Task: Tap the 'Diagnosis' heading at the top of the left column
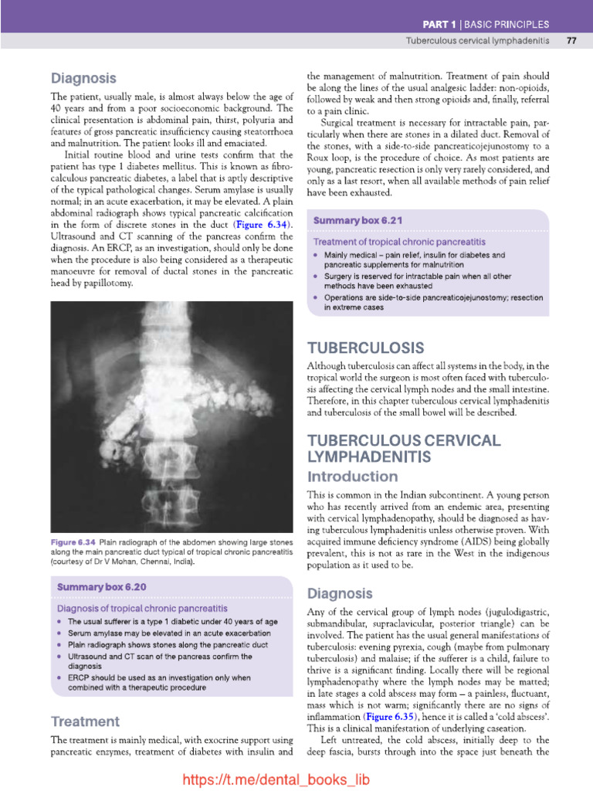(x=83, y=78)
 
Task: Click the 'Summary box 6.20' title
(x=101, y=587)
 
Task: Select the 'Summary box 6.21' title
(x=357, y=220)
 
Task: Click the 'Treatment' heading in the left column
(x=85, y=721)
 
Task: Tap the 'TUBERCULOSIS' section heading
(x=365, y=348)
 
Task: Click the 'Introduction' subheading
(x=353, y=476)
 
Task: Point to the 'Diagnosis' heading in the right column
(x=340, y=593)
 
